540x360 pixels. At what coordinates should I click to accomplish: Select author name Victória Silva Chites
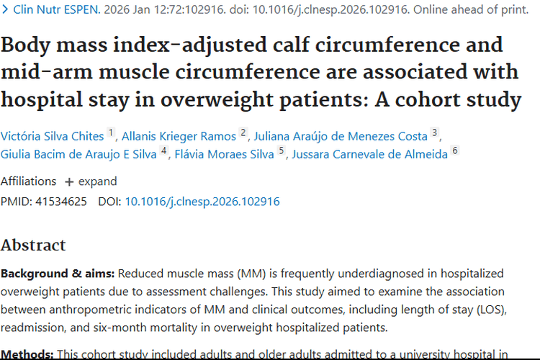[52, 135]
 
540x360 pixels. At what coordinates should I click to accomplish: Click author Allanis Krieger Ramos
[179, 135]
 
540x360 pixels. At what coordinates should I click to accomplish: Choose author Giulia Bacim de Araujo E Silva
[78, 154]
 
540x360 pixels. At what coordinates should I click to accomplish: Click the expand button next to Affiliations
[90, 181]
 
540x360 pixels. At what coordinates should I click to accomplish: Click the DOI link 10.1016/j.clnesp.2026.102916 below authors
[202, 202]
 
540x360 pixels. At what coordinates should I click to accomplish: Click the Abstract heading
[33, 245]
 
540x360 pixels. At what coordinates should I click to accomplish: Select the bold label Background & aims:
[58, 274]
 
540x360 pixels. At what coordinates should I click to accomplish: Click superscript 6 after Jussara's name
[454, 151]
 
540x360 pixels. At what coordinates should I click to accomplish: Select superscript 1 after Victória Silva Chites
[111, 132]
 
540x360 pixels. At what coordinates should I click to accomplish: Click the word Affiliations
[28, 181]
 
